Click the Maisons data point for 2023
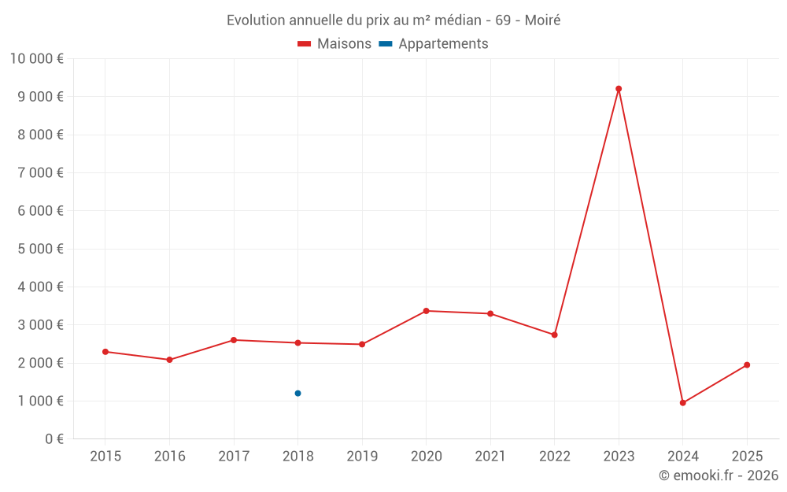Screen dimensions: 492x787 [619, 89]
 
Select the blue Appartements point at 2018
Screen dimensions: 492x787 [297, 394]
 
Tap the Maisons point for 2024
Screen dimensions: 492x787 [682, 403]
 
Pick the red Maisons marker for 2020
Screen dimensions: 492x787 [426, 311]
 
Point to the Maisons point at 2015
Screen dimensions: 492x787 [105, 352]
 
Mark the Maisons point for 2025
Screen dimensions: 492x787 [747, 365]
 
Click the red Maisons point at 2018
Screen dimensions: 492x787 [297, 343]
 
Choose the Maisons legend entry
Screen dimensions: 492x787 [334, 44]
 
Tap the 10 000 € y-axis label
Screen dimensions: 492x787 [36, 59]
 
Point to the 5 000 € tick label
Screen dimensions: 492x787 [41, 249]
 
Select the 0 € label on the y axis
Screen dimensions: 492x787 [54, 439]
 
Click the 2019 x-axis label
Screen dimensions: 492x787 [362, 457]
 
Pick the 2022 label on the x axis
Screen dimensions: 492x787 [554, 457]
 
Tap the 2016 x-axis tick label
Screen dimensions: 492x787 [169, 457]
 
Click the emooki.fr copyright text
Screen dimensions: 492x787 [719, 475]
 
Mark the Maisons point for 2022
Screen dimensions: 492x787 [554, 335]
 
